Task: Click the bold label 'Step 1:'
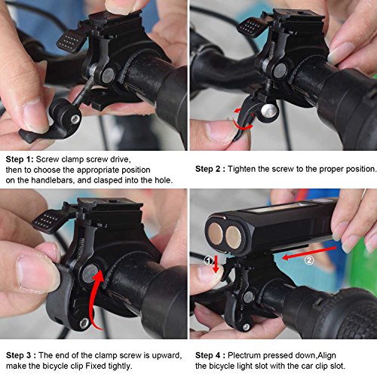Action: click(x=20, y=159)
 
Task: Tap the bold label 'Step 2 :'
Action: click(x=210, y=169)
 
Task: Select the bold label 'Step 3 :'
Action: click(x=21, y=355)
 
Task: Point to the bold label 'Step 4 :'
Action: click(x=210, y=355)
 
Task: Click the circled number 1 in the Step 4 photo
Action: click(x=208, y=260)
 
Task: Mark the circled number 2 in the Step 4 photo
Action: click(x=309, y=260)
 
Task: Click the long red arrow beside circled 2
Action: click(x=309, y=253)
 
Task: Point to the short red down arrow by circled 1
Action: click(x=216, y=265)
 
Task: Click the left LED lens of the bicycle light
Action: click(x=216, y=234)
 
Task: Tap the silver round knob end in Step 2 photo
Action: click(x=268, y=111)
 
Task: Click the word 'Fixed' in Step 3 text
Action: click(x=96, y=366)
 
